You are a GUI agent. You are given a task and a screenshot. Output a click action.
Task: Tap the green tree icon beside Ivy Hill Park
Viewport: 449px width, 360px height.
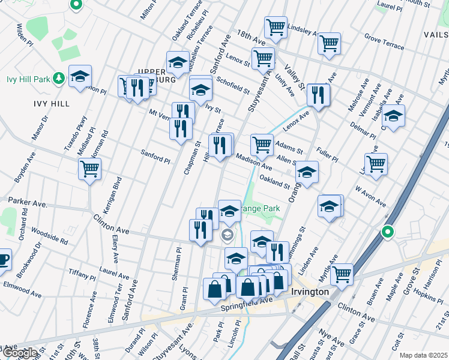pyautogui.click(x=59, y=77)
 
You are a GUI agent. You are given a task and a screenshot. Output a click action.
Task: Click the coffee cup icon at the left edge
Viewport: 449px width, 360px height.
pyautogui.click(x=3, y=259)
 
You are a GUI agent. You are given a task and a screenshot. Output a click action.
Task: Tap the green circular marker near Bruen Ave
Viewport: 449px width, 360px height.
pyautogui.click(x=388, y=232)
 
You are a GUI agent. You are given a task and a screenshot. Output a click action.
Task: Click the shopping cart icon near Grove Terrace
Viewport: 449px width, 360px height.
pyautogui.click(x=330, y=43)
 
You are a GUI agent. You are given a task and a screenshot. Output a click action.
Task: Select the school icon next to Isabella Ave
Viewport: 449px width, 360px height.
pyautogui.click(x=393, y=115)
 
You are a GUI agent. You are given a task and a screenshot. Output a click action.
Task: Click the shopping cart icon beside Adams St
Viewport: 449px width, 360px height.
pyautogui.click(x=262, y=144)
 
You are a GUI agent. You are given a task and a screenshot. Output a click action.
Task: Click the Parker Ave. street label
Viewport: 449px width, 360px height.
pyautogui.click(x=27, y=203)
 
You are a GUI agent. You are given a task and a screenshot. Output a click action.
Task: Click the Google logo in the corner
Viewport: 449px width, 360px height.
pyautogui.click(x=19, y=353)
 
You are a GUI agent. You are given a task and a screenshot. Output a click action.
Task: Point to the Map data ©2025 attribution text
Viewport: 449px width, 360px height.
pyautogui.click(x=424, y=355)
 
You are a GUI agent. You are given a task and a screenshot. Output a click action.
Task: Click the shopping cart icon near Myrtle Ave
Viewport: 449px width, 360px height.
pyautogui.click(x=342, y=274)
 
